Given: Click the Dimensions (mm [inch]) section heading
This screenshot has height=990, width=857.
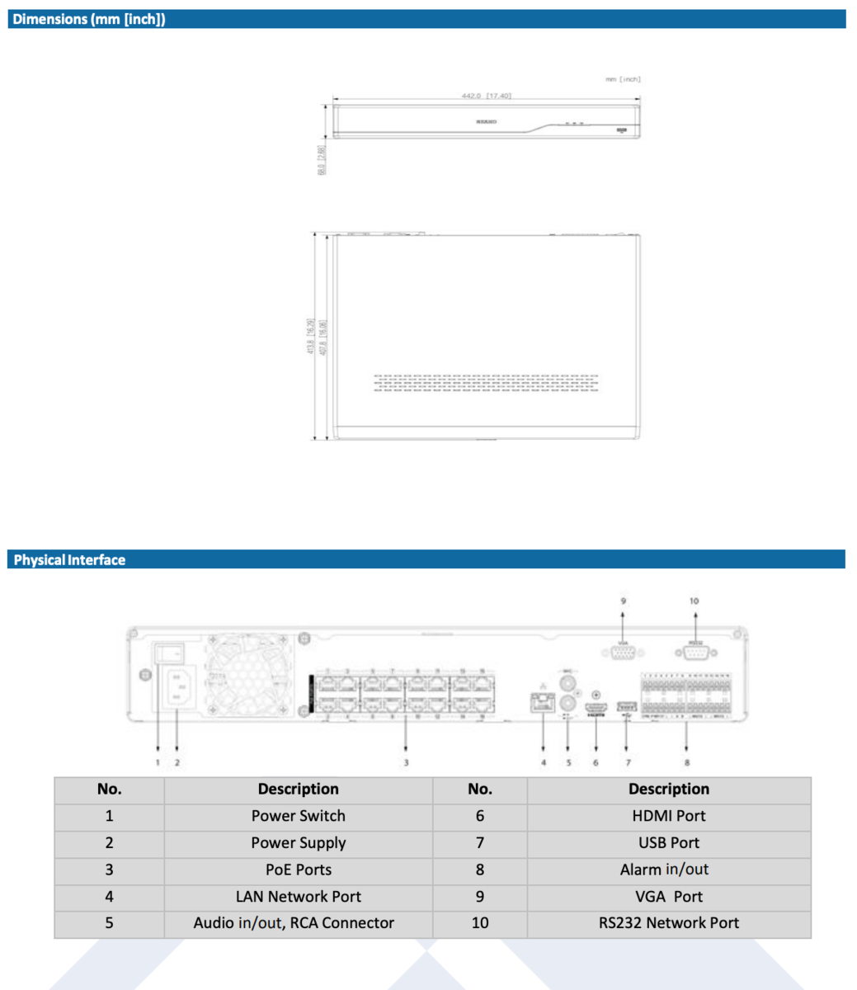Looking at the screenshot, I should [89, 19].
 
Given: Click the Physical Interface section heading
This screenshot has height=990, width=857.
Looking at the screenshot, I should [69, 560].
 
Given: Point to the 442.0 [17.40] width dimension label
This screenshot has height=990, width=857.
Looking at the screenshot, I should [486, 96].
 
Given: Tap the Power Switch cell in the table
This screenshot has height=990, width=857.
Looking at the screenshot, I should [298, 816].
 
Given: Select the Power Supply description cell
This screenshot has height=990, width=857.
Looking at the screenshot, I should [298, 843].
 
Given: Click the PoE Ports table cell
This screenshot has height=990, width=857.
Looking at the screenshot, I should [298, 870].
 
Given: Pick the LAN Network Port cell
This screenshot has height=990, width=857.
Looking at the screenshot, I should [298, 897].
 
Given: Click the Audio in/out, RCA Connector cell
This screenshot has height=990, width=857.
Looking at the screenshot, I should [294, 923].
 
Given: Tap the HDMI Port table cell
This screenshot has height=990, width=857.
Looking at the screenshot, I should [668, 816].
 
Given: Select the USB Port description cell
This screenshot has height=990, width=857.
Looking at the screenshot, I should [668, 843].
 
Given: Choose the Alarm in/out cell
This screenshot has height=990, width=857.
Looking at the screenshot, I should [664, 870].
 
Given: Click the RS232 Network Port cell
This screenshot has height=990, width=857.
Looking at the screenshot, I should [668, 923].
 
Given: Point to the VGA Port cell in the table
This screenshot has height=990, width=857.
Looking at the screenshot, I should [668, 897].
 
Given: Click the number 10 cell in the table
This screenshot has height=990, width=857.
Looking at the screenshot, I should [480, 923].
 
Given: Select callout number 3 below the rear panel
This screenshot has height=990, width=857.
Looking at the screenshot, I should [406, 762].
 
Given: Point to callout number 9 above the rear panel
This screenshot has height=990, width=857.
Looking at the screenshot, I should [623, 601].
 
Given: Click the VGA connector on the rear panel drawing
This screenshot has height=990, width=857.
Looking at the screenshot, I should [622, 653].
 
